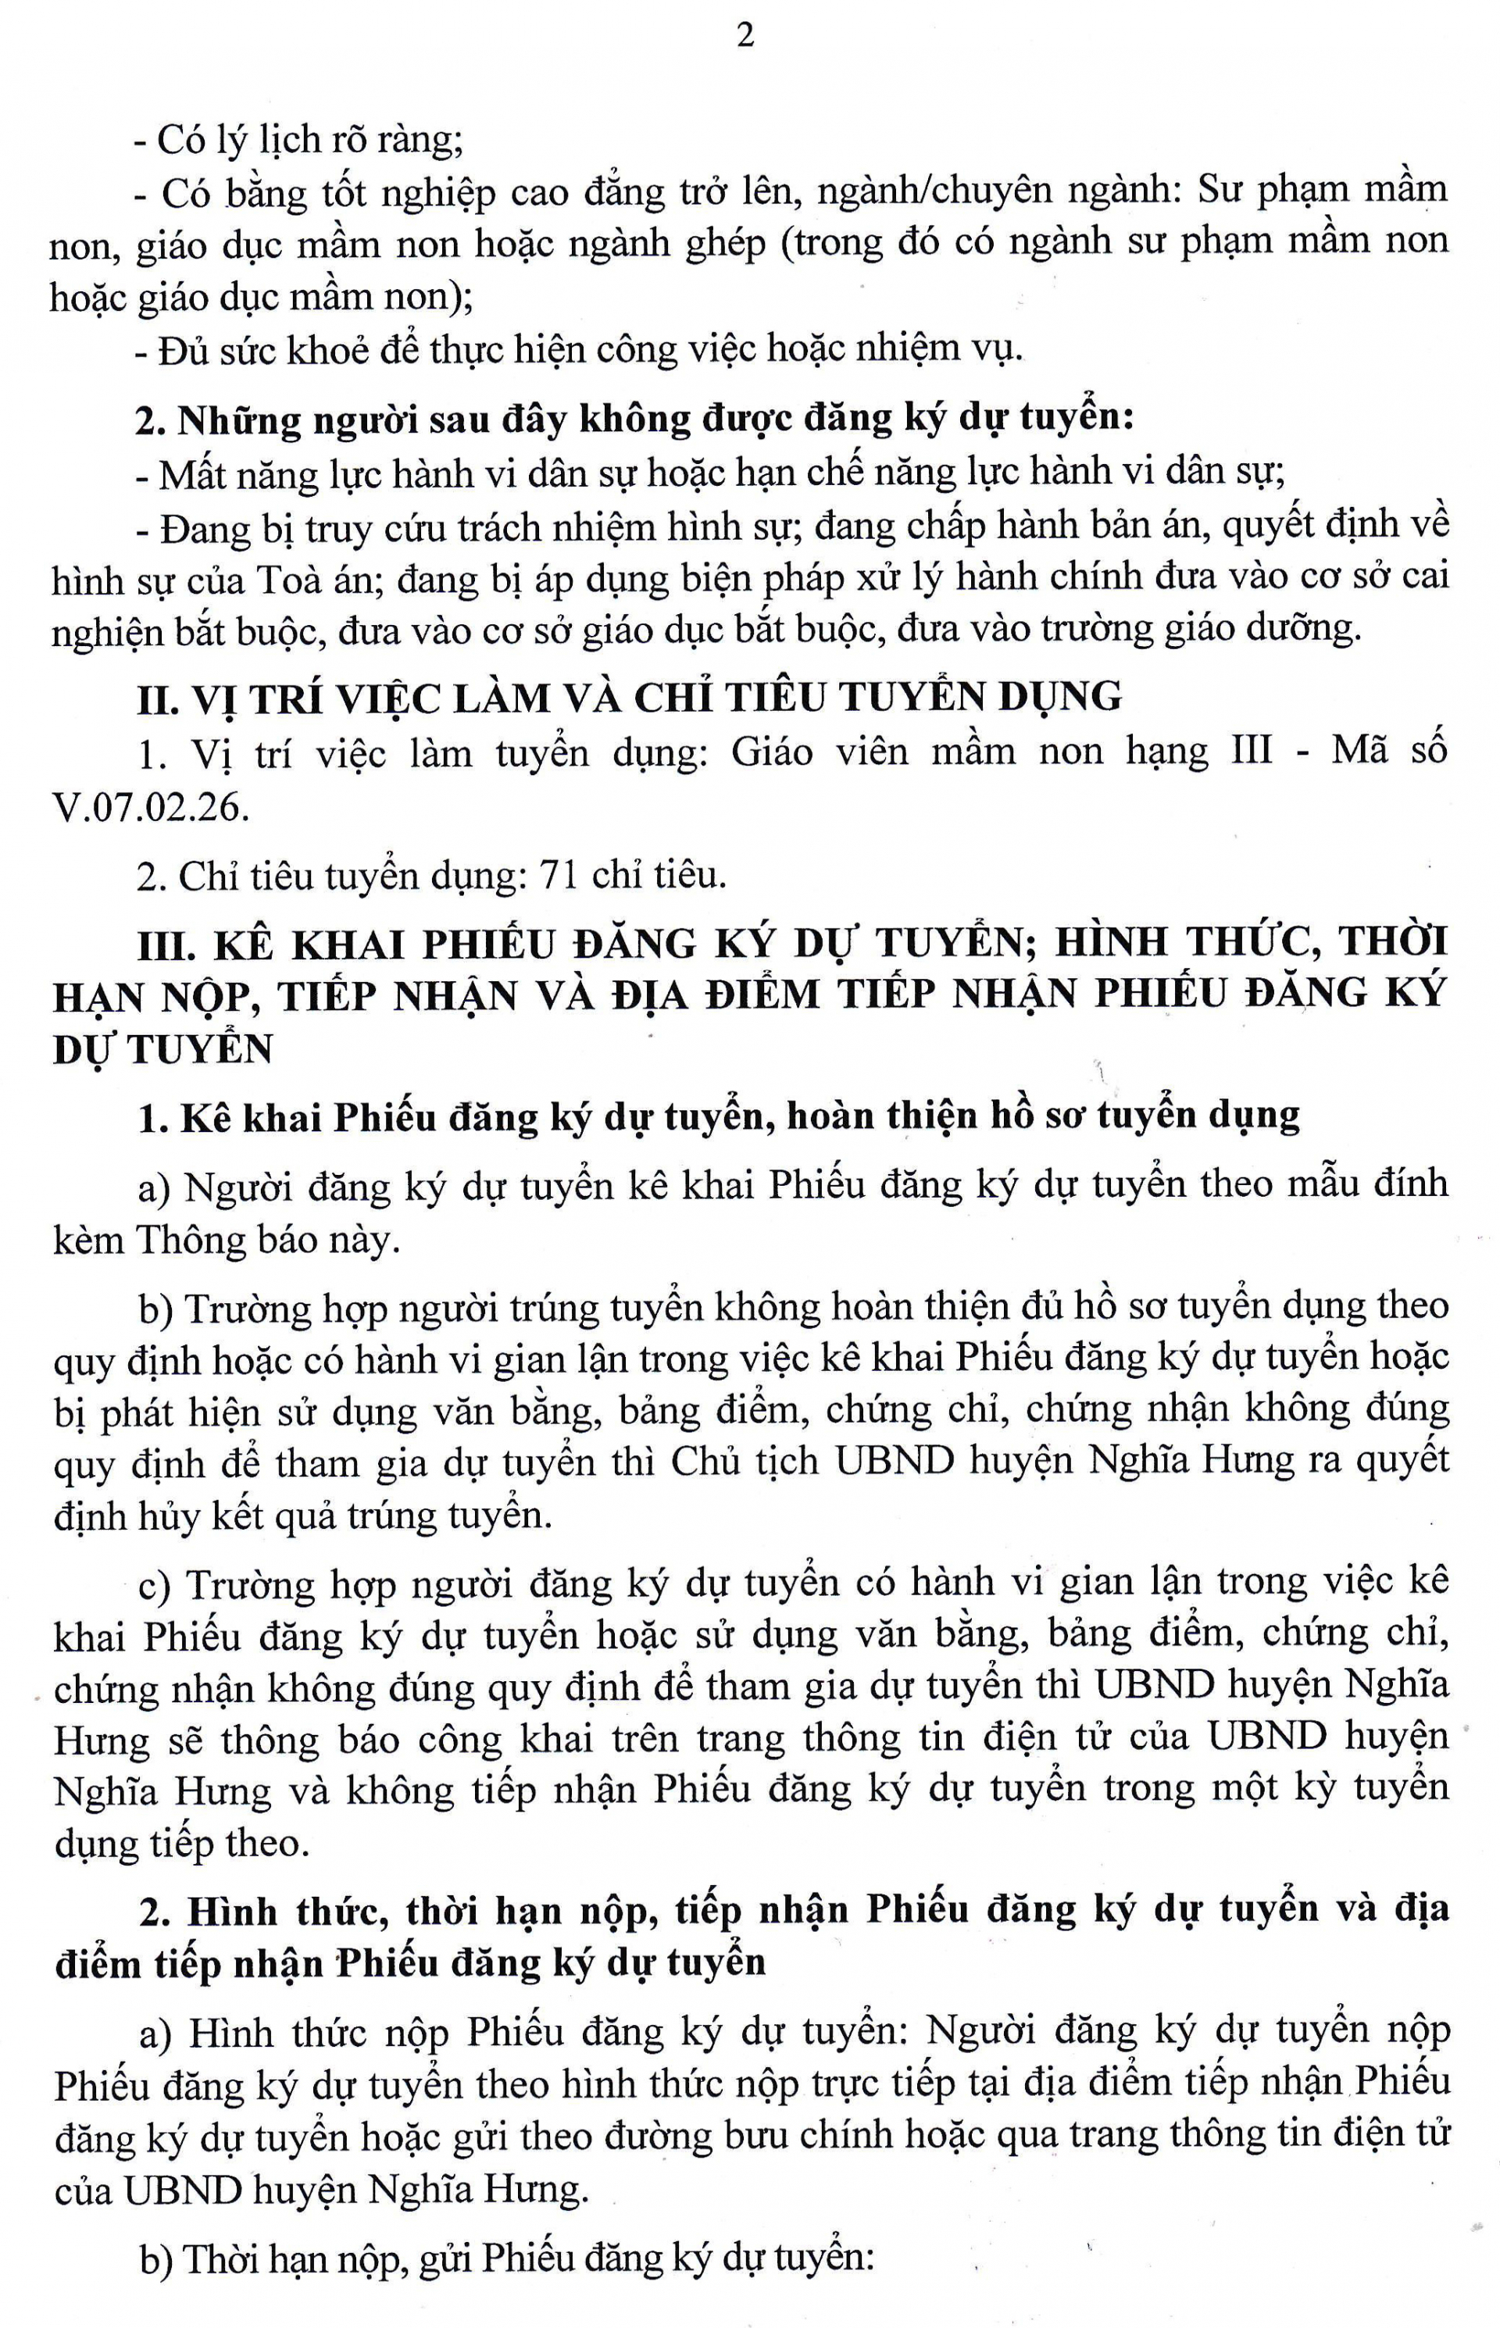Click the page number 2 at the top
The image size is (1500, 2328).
click(x=745, y=37)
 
